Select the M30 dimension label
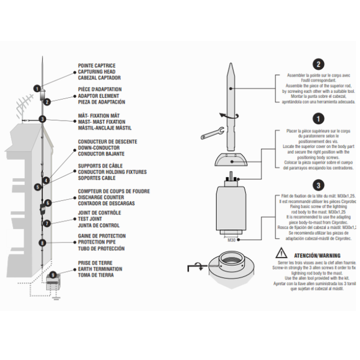[232, 241]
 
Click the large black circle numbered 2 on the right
[319, 65]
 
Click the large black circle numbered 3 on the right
[319, 185]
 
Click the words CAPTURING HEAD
[99, 71]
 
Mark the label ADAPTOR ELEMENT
[100, 96]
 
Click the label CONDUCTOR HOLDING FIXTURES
[112, 172]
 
